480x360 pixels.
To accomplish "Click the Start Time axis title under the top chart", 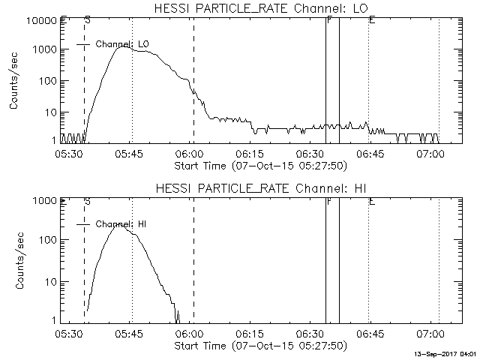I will pos(259,165).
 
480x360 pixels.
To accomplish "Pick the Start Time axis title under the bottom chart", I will pos(259,346).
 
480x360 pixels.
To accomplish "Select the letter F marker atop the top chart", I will pos(328,19).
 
